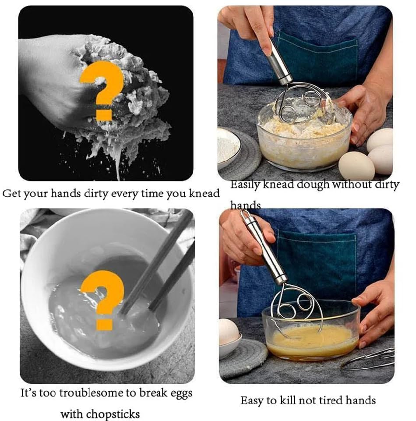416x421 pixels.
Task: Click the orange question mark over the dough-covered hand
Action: (102, 90)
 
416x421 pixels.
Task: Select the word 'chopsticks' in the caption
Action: (100, 414)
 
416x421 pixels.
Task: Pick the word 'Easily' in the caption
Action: (245, 184)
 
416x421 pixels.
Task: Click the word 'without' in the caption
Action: (354, 184)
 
